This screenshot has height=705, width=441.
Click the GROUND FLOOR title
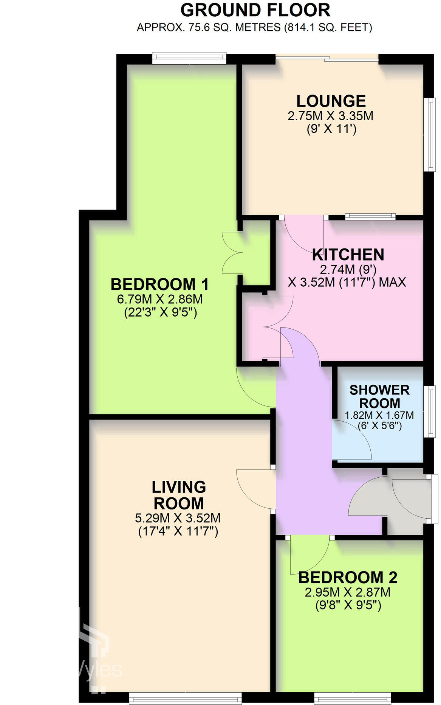(x=255, y=10)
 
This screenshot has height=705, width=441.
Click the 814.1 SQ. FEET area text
(x=328, y=28)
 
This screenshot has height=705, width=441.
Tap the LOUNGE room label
(x=331, y=101)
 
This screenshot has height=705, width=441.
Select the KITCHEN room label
(x=348, y=255)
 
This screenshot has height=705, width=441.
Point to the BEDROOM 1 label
(x=159, y=284)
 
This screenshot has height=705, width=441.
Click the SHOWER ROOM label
(x=379, y=396)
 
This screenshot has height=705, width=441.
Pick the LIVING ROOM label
(x=178, y=495)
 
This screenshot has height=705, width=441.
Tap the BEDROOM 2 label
(x=348, y=578)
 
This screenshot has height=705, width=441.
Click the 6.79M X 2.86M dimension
(x=159, y=299)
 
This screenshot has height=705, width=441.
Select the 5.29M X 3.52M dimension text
(x=178, y=518)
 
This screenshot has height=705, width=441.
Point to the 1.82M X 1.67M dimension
(x=379, y=415)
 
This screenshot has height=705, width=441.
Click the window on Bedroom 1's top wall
(x=189, y=58)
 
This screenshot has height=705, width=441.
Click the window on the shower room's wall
(x=429, y=411)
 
